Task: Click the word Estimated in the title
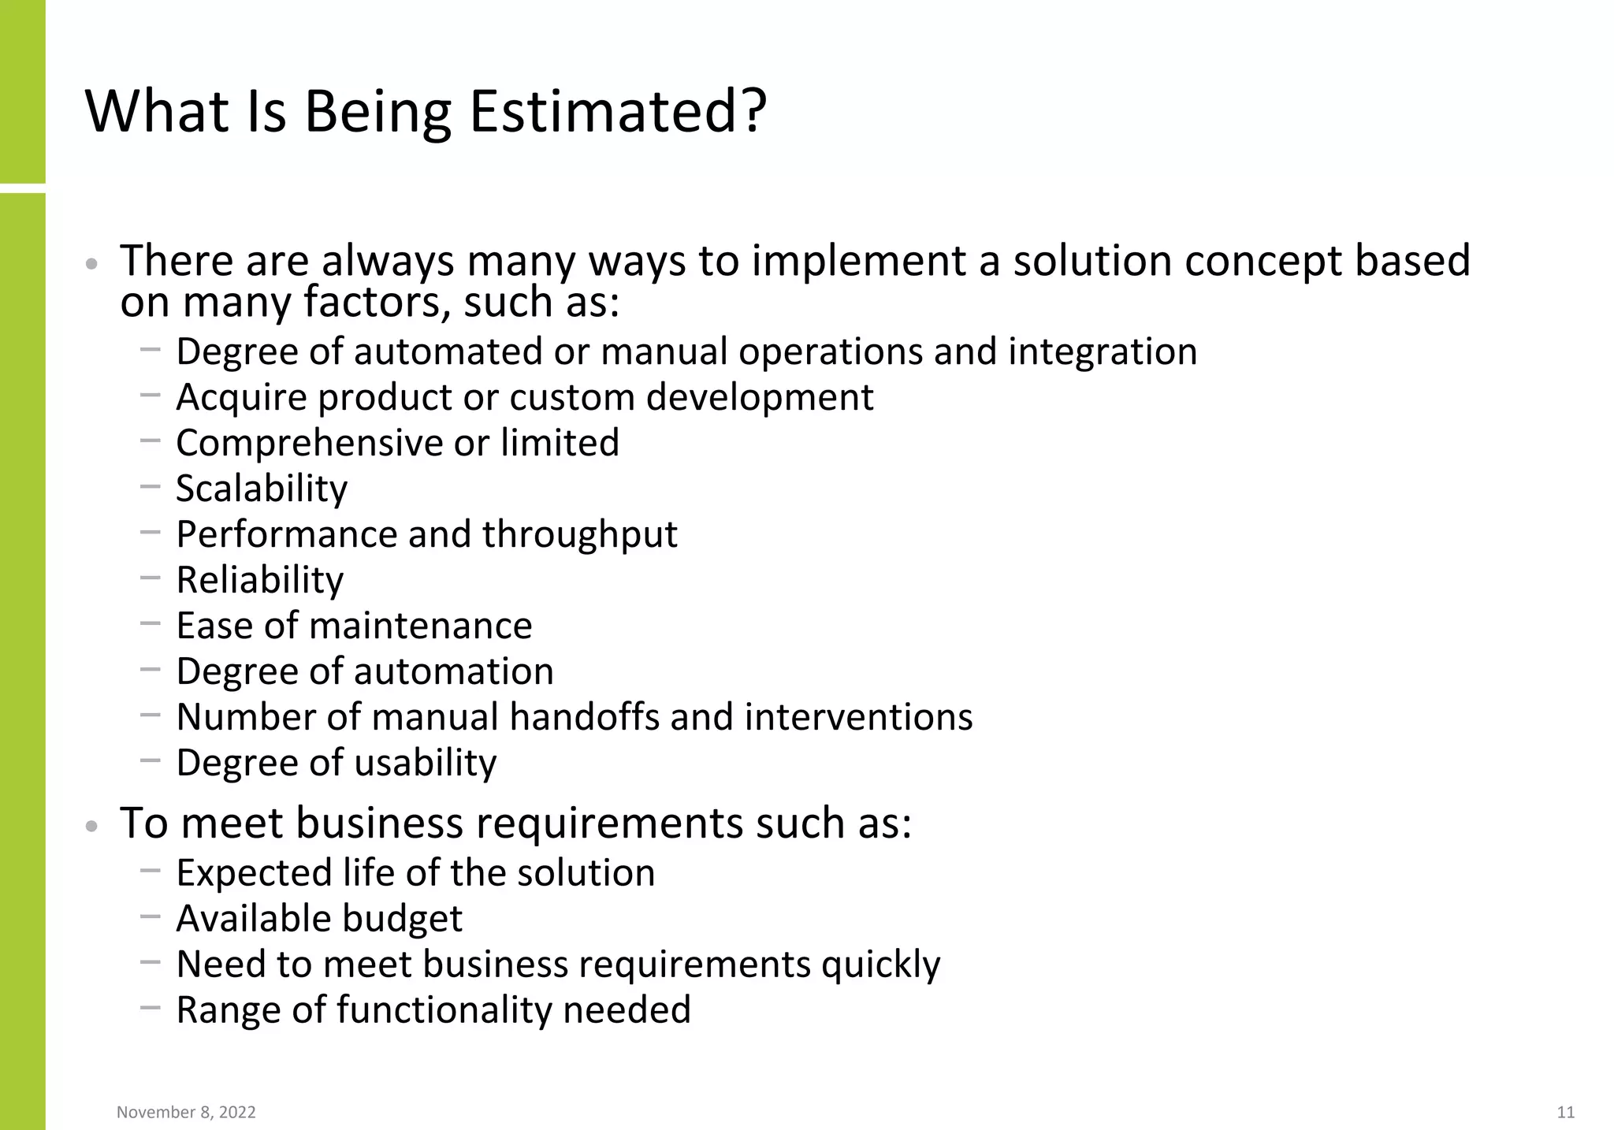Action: click(x=617, y=112)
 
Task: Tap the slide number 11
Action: click(x=1565, y=1112)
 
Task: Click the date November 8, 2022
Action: click(x=186, y=1112)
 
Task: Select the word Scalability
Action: click(x=261, y=489)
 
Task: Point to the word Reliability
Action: click(x=259, y=580)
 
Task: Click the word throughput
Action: click(x=579, y=534)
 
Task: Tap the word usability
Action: click(x=426, y=763)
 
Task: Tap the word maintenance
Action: click(x=421, y=626)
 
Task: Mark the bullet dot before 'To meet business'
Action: click(x=91, y=827)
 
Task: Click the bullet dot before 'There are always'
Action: click(x=91, y=264)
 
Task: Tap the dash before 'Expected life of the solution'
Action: click(x=150, y=871)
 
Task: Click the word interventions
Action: click(x=858, y=717)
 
